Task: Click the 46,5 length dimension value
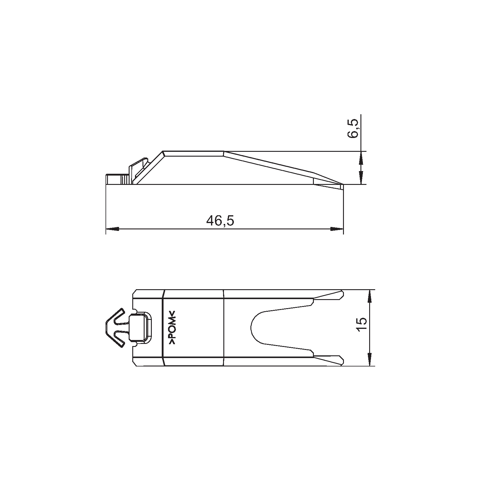[220, 221]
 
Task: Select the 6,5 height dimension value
[353, 128]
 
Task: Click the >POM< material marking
[173, 327]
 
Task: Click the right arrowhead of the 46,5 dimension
[337, 229]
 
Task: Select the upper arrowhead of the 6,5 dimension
[361, 158]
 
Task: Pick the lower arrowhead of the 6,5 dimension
[361, 178]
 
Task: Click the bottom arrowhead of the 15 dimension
[369, 359]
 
